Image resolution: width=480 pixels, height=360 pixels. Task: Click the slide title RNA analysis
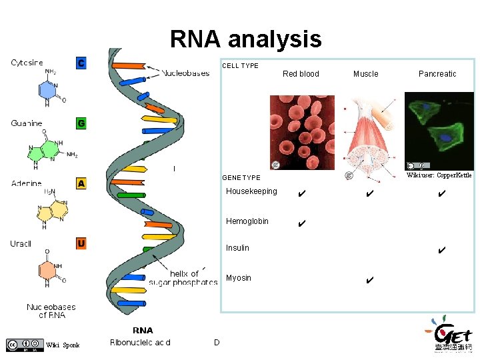pos(245,40)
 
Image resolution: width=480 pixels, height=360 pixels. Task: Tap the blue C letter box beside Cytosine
pos(81,63)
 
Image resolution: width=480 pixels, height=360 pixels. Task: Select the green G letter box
pos(81,123)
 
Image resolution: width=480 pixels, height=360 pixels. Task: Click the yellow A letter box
pos(81,183)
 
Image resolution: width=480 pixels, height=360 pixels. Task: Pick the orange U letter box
pos(81,243)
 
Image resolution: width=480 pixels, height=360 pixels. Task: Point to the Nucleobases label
pos(185,73)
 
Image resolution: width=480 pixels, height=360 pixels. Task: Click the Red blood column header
pos(301,74)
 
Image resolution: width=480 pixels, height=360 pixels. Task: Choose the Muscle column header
pos(365,74)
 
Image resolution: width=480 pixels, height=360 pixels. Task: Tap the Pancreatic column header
pos(437,74)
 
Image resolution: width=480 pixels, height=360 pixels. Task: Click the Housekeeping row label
pos(251,192)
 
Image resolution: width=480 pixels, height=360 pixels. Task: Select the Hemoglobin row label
pos(247,221)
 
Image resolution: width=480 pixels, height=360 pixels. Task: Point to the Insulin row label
pos(237,248)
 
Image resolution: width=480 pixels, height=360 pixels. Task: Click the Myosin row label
pos(239,278)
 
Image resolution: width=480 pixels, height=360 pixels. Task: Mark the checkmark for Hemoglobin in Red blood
pos(302,223)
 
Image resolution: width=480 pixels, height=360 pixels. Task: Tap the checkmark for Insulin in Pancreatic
pos(441,251)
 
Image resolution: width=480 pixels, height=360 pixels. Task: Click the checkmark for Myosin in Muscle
pos(369,280)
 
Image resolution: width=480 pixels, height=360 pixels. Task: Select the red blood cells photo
pos(302,132)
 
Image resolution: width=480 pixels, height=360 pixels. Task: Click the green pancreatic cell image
pos(439,131)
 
